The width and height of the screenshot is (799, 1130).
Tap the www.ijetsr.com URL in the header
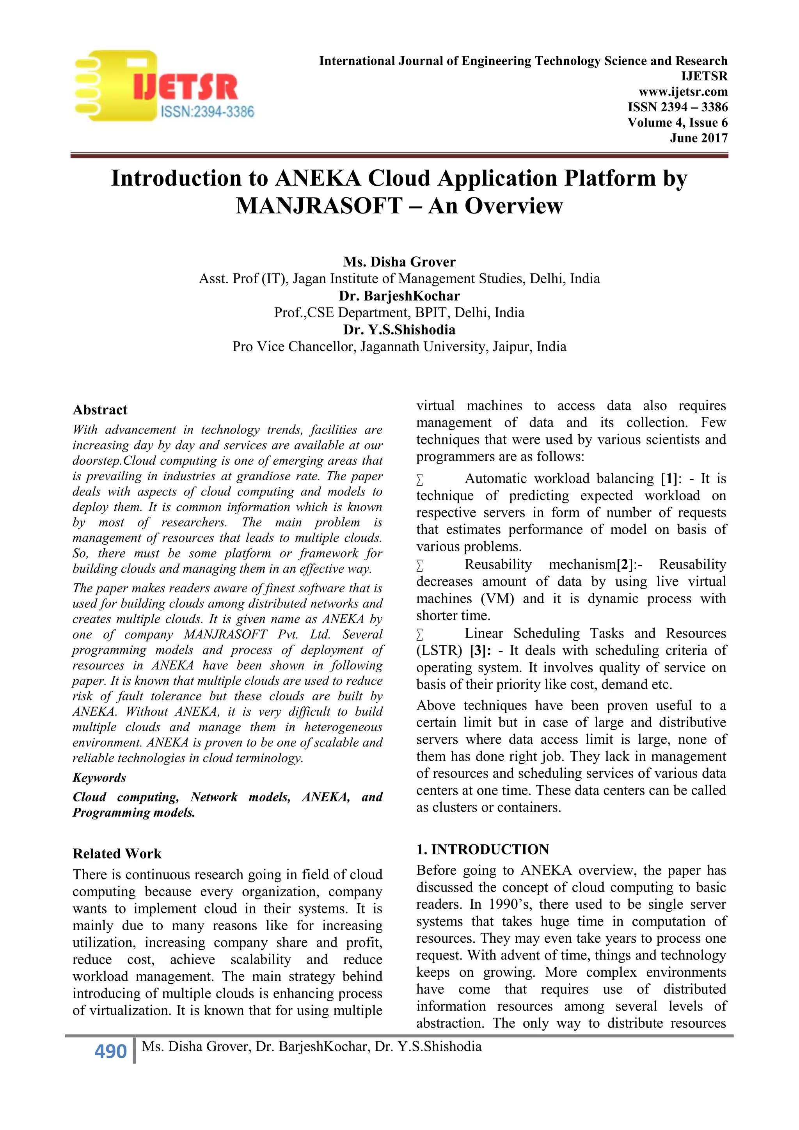point(682,92)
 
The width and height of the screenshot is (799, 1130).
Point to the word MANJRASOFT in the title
point(319,206)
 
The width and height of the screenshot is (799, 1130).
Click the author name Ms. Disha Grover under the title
point(399,262)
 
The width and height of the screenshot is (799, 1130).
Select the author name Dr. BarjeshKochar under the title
point(399,296)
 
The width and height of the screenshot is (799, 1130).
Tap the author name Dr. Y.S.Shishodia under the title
point(399,330)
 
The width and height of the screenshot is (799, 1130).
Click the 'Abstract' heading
point(100,410)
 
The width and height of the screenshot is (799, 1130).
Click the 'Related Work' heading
point(117,853)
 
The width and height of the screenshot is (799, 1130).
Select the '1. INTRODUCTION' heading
point(482,849)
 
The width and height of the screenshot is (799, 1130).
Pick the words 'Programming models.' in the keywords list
point(134,812)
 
